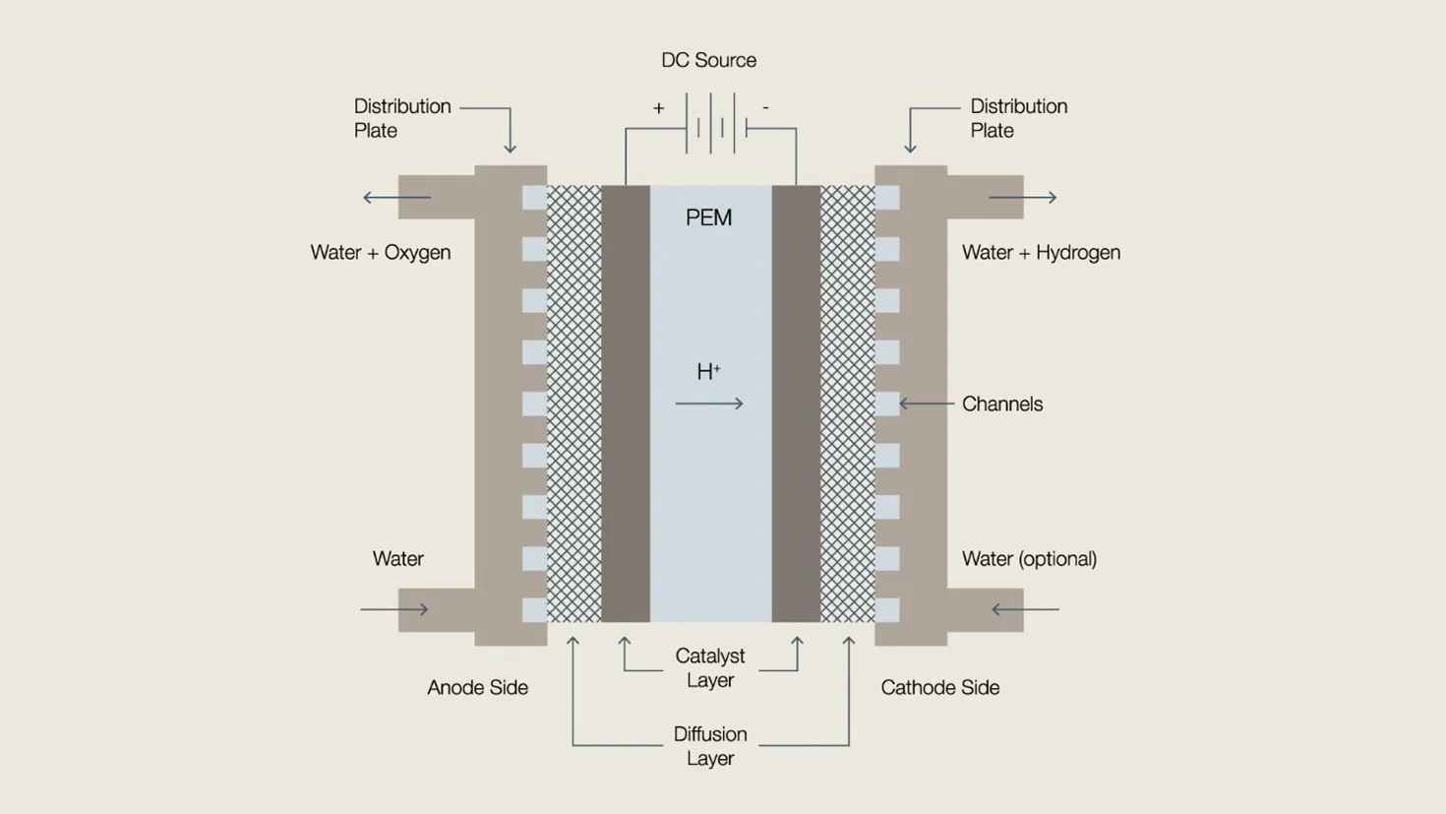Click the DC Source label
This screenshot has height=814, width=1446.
[708, 60]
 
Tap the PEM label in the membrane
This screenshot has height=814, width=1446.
[708, 218]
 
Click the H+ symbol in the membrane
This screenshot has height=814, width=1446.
[708, 372]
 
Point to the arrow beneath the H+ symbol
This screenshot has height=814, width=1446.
[709, 404]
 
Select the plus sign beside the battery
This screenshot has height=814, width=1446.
[658, 108]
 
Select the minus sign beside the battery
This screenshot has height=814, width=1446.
[765, 107]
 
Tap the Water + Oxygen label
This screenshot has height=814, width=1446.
[381, 253]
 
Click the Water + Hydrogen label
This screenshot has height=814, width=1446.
[1041, 253]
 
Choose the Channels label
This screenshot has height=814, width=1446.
[1001, 405]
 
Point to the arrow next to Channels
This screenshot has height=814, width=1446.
[927, 404]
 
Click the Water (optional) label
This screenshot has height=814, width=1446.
[1029, 559]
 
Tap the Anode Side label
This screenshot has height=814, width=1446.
[477, 688]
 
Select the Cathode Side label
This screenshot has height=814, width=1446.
[939, 688]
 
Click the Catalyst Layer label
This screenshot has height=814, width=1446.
[709, 668]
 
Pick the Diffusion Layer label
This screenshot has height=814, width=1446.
[709, 746]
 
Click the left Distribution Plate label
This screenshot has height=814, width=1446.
[401, 118]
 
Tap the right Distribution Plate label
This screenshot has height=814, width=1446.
[1018, 118]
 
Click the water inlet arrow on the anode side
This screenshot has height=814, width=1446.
[394, 609]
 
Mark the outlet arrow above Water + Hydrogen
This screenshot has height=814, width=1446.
[1023, 198]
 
